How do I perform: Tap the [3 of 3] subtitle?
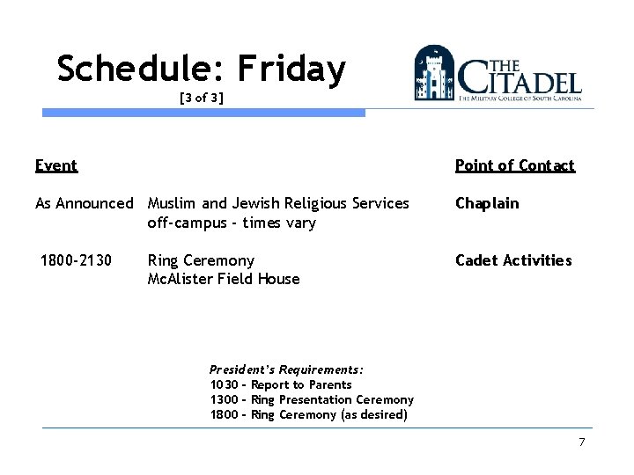201,99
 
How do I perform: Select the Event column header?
55,165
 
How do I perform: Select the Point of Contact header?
514,165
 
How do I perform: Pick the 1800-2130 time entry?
77,260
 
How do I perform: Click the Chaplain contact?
487,203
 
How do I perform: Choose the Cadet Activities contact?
513,260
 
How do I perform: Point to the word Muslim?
173,203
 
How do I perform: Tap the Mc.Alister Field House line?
224,279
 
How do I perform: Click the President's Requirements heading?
286,370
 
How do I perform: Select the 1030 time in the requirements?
224,384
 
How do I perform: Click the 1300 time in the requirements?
224,399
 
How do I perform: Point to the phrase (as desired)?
373,414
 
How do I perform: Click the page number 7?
581,442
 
